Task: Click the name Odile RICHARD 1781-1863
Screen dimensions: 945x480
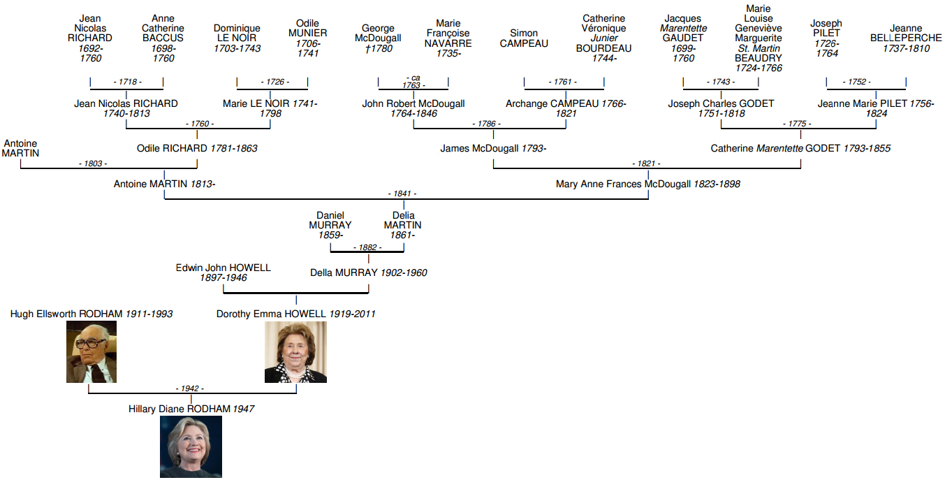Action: (197, 148)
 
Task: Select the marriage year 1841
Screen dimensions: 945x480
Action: (402, 194)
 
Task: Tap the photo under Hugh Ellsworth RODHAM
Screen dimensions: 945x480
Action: (91, 351)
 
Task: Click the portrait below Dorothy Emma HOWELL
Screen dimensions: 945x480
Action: (295, 352)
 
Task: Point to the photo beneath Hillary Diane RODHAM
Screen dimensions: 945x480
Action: (191, 446)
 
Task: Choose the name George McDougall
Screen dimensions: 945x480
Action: (378, 33)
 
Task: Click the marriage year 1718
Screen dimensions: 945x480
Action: (127, 82)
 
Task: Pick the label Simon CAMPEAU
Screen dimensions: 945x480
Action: (524, 38)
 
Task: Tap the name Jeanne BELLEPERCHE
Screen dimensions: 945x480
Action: (906, 33)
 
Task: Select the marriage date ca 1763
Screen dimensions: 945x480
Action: (413, 82)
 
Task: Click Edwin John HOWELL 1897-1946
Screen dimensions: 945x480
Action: (224, 272)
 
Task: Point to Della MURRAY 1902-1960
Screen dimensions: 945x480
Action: (369, 272)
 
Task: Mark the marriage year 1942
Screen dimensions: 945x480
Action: (190, 388)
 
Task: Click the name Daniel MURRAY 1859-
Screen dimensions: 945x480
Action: (330, 225)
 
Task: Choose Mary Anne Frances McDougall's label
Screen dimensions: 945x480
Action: (648, 184)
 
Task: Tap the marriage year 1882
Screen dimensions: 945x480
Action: (367, 247)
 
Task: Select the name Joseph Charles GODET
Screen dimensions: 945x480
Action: (721, 103)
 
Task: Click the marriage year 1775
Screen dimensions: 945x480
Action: (797, 124)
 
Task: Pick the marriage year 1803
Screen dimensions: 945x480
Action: (93, 163)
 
